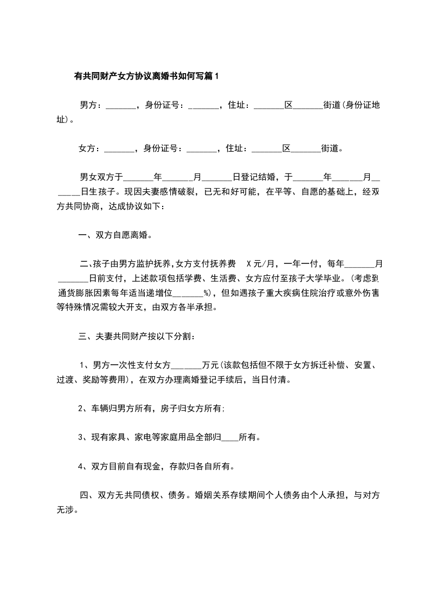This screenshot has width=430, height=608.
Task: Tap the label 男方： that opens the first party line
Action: pyautogui.click(x=91, y=105)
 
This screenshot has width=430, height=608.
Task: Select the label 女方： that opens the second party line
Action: pyautogui.click(x=89, y=148)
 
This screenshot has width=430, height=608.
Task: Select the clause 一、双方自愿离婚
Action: pyautogui.click(x=115, y=235)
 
